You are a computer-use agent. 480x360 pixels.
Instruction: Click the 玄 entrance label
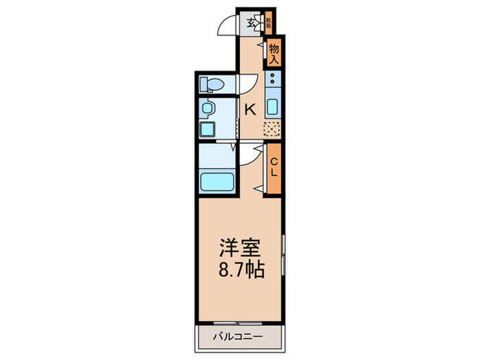click(x=252, y=23)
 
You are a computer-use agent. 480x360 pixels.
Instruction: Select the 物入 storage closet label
click(x=274, y=53)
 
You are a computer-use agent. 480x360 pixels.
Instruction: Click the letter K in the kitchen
click(x=250, y=108)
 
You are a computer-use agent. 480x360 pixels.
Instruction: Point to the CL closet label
click(x=274, y=167)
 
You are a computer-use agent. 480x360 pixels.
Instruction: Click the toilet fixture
click(x=211, y=85)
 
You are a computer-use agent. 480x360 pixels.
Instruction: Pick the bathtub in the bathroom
click(x=216, y=183)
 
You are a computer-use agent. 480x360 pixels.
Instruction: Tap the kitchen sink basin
click(x=273, y=108)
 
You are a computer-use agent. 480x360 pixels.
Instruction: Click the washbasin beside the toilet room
click(x=207, y=108)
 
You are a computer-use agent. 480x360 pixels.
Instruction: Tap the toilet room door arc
click(x=245, y=85)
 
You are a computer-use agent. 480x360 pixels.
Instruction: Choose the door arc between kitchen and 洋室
click(x=251, y=156)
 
